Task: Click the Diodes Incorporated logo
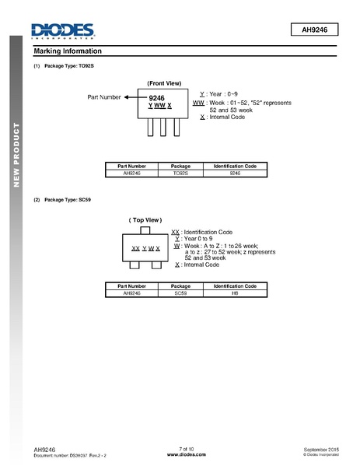coord(62,30)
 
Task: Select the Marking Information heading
coord(68,51)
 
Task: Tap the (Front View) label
coord(164,83)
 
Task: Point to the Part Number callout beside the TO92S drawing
coord(104,97)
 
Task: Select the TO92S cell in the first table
coord(180,173)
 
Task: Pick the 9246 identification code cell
coord(235,173)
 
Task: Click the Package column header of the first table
coord(180,166)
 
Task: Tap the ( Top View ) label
coord(145,220)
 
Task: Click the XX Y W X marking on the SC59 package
coord(145,248)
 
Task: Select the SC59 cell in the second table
coord(180,293)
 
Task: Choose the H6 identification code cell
coord(235,293)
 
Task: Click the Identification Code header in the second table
coord(235,286)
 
